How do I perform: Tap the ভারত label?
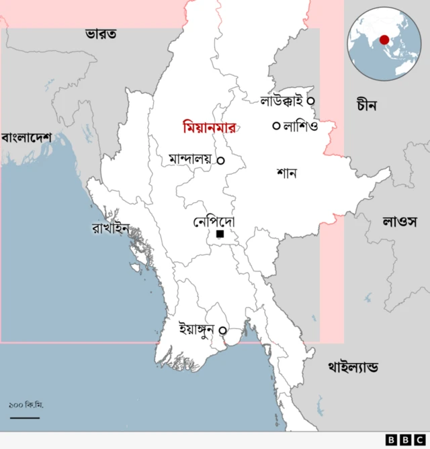pos(101,33)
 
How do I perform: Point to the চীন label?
pos(367,105)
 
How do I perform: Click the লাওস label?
pos(400,221)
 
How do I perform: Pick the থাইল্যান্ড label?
pos(353,367)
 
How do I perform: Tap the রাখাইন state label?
pos(110,227)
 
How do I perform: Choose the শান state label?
pos(287,173)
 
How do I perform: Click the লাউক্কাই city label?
pos(282,101)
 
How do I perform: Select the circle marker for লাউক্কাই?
pos(310,101)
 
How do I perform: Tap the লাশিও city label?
pos(300,126)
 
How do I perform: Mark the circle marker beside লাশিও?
pos(276,126)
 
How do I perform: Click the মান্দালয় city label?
pos(191,160)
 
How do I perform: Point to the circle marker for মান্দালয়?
pos(220,160)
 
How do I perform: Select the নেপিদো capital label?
pos(214,221)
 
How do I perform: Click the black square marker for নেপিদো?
pos(220,234)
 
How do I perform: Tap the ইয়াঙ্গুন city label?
pos(199,329)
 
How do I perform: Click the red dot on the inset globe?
pos(384,40)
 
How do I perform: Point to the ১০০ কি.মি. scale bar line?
pos(25,417)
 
